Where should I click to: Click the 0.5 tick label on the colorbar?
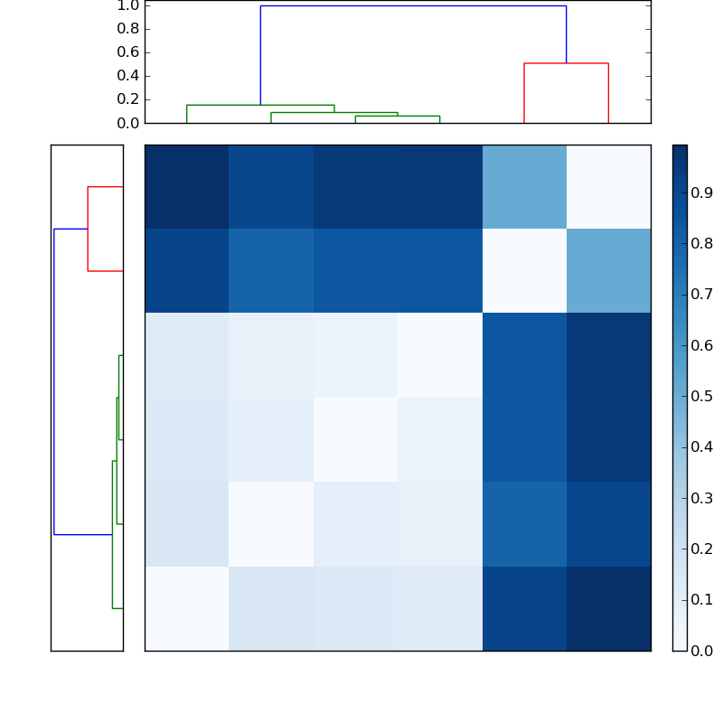coord(700,396)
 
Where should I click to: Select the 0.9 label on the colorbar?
coord(700,192)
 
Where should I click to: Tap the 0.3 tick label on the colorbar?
coord(700,498)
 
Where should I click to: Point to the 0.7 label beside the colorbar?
coord(700,294)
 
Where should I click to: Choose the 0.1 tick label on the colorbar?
coord(700,599)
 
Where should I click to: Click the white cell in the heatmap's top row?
coord(608,186)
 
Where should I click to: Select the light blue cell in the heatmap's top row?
coord(524,186)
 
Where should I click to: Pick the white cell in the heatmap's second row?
coord(524,270)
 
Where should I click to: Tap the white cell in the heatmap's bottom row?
coord(187,607)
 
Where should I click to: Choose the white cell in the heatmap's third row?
coord(440,355)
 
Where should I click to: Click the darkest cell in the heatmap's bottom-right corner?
coord(608,607)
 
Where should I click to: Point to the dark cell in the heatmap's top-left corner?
coord(187,186)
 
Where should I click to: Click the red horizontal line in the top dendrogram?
coord(566,63)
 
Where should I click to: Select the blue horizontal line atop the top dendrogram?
coord(413,6)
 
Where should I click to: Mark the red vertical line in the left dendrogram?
coord(88,229)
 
